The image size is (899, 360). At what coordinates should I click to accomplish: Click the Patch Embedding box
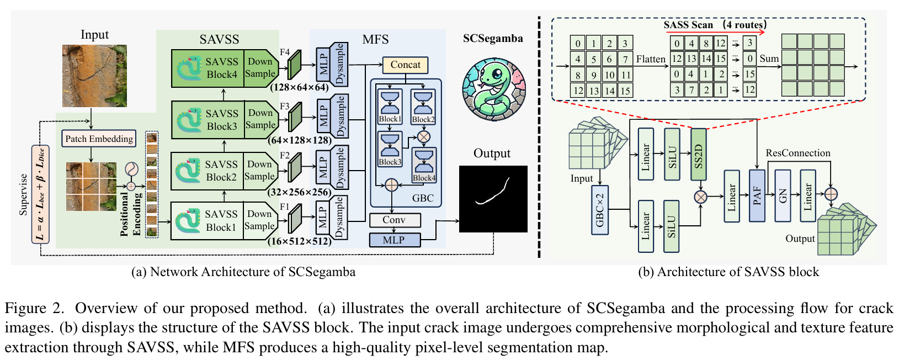(99, 139)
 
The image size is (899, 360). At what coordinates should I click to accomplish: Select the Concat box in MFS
(405, 65)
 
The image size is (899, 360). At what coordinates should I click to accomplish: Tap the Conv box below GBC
(394, 220)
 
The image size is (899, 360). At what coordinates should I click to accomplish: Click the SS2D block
(698, 155)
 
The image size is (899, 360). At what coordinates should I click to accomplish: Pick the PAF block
(757, 195)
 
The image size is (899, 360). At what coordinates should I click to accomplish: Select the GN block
(783, 195)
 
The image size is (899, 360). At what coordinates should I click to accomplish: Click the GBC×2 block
(600, 210)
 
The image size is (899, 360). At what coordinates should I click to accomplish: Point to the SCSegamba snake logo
(493, 88)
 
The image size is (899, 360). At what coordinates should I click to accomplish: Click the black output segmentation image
(493, 199)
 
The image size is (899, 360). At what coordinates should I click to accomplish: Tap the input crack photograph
(94, 76)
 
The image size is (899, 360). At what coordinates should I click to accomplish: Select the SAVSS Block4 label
(221, 68)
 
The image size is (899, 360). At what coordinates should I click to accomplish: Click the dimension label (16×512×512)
(300, 241)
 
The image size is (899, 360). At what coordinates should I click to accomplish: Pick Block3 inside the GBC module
(390, 149)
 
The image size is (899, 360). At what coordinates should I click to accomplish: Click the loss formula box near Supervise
(40, 194)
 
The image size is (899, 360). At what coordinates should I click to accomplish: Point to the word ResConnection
(797, 153)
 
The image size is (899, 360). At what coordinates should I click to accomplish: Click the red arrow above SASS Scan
(717, 33)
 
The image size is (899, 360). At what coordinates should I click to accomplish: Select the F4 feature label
(285, 52)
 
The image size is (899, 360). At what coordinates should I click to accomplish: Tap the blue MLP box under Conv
(394, 240)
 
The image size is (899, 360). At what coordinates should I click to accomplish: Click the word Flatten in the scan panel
(651, 59)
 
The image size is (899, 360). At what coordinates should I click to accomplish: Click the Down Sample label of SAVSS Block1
(259, 220)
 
